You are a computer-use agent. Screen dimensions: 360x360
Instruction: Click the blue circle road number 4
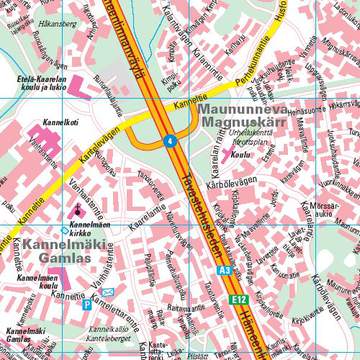(x=171, y=141)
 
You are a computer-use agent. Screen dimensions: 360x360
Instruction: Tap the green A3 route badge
(x=226, y=269)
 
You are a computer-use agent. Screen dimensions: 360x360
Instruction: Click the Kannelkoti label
(x=36, y=125)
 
